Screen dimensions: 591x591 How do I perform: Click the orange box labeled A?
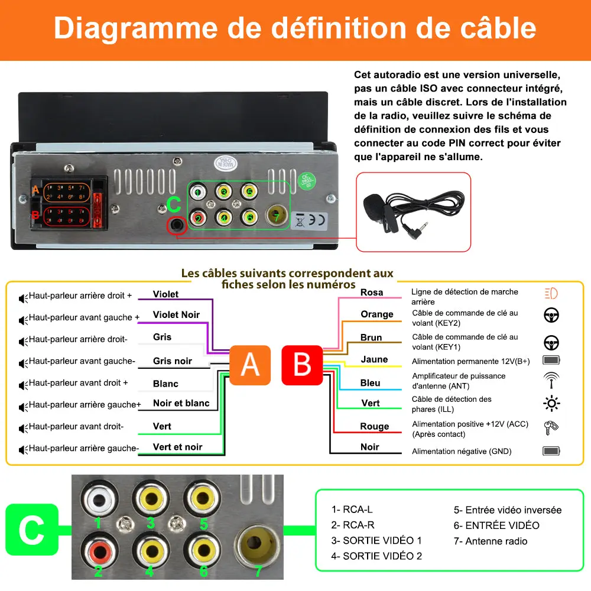(x=250, y=365)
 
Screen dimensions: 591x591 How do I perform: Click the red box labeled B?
(x=302, y=365)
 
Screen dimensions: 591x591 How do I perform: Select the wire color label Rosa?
(x=372, y=293)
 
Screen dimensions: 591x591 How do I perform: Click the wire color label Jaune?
(x=374, y=359)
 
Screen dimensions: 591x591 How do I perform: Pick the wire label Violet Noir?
(x=176, y=314)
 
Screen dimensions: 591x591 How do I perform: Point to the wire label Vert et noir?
(x=177, y=447)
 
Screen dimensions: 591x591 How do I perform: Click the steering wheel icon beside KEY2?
(x=551, y=316)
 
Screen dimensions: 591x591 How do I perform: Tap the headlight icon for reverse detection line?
(x=551, y=293)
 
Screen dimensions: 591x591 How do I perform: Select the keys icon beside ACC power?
(x=551, y=428)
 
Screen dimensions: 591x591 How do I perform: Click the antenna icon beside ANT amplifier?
(x=551, y=379)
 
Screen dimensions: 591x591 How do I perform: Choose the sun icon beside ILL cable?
(x=551, y=404)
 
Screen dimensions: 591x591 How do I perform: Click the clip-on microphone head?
(x=374, y=204)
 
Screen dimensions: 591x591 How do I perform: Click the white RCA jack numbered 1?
(x=98, y=499)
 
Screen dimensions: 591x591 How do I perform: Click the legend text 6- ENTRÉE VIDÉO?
(x=496, y=525)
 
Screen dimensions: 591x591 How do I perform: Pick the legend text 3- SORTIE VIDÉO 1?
(x=376, y=540)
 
